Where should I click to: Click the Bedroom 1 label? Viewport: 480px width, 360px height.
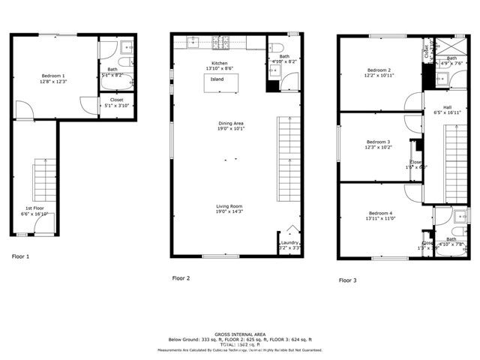point(52,76)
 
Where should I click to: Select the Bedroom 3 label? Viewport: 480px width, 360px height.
point(378,142)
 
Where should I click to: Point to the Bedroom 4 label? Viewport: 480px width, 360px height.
point(379,214)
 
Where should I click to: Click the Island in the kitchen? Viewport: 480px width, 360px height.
point(217,79)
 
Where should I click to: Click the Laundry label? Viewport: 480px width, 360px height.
point(289,244)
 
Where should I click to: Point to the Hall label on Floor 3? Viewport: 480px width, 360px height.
point(447,107)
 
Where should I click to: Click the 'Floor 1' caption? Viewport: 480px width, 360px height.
point(20,256)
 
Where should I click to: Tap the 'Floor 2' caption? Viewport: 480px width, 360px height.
point(181,278)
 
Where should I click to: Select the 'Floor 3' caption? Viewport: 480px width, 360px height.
point(347,280)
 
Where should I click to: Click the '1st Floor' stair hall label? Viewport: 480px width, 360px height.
point(34,208)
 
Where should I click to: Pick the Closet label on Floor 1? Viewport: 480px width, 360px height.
point(116,100)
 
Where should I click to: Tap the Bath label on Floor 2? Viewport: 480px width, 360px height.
point(284,56)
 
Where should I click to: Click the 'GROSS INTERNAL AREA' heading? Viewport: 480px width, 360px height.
point(239,334)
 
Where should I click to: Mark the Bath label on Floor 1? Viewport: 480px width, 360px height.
point(112,70)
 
